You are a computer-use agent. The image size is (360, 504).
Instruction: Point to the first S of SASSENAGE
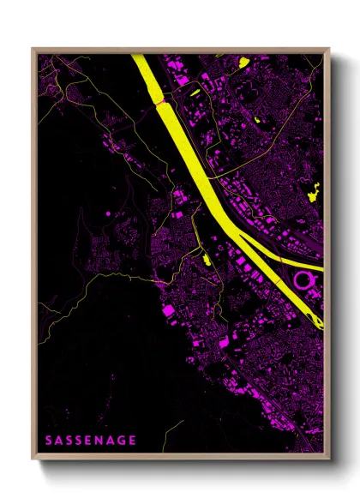[48, 441]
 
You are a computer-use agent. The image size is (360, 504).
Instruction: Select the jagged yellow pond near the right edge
[313, 192]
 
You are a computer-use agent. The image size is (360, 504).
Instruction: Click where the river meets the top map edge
[139, 56]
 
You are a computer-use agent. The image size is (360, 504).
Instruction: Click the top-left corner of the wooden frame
[33, 49]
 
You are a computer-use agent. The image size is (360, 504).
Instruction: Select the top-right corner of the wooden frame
[329, 49]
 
